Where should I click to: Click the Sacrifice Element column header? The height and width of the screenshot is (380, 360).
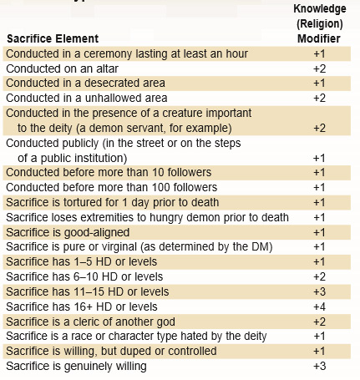click(53, 38)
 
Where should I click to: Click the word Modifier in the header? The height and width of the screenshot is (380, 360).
click(319, 38)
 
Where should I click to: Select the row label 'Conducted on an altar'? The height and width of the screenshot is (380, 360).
click(62, 68)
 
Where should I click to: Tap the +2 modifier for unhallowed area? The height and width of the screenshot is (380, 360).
click(319, 98)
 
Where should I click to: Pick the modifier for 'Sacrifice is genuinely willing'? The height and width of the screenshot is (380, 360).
click(319, 366)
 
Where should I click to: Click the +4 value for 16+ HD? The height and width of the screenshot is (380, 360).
click(319, 307)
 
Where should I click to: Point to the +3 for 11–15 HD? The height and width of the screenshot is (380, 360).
click(319, 291)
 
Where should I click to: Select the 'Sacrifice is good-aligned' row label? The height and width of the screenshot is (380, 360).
click(68, 232)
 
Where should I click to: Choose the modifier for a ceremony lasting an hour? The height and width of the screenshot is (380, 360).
click(319, 53)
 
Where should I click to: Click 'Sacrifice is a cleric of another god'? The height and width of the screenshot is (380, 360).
click(90, 322)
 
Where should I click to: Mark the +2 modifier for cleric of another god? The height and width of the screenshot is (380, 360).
click(319, 322)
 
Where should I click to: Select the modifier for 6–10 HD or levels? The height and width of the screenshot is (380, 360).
click(319, 276)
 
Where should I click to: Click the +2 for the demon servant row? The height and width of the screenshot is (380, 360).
click(319, 128)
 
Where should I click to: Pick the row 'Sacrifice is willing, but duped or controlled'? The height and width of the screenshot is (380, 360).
click(111, 351)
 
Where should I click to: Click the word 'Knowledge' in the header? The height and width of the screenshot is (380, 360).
click(320, 9)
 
